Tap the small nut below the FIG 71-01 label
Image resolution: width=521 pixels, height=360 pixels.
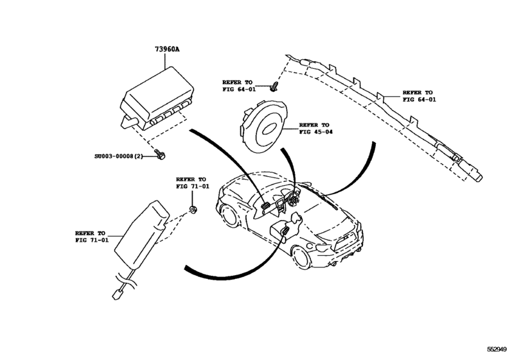pyautogui.click(x=193, y=210)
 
